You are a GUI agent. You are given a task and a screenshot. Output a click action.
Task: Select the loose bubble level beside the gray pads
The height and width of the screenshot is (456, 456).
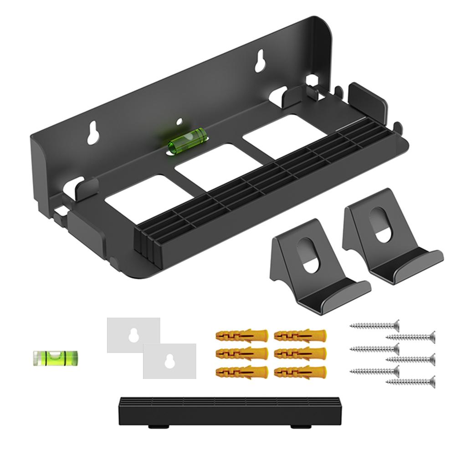point(55,358)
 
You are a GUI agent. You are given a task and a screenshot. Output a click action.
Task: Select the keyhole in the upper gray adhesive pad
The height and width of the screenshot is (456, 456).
point(133,335)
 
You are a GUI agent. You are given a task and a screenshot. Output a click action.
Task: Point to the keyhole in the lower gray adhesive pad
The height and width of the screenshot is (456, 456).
point(169,360)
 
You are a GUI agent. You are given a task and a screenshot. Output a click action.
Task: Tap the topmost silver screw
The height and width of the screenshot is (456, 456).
point(374,325)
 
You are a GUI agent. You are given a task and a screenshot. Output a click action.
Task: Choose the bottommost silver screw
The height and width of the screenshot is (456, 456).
point(410,382)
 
